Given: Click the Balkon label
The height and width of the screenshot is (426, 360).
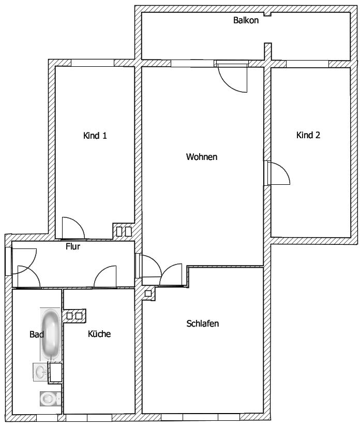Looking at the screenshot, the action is click(246, 20).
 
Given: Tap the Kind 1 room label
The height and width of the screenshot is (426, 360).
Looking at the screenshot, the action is click(95, 136).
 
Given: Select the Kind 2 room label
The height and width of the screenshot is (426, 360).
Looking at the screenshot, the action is click(308, 135).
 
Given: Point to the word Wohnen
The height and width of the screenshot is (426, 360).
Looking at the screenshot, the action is click(201, 157).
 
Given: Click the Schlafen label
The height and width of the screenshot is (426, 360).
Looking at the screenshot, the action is click(203, 324).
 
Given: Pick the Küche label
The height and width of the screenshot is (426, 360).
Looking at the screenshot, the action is click(99, 334).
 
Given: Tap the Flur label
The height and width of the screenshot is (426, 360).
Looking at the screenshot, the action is click(73, 246).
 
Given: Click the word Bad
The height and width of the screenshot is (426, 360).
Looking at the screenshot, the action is click(36, 334).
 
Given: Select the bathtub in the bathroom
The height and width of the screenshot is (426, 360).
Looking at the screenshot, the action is click(51, 334).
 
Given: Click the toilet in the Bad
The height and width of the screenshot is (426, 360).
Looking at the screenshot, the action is click(50, 399).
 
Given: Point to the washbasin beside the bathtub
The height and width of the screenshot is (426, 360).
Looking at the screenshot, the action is click(40, 372).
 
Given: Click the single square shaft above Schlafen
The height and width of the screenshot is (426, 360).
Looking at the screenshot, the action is click(148, 293).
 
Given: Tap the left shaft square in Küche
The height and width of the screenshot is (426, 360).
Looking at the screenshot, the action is click(69, 316).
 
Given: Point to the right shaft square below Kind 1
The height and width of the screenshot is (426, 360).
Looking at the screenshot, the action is click(128, 231).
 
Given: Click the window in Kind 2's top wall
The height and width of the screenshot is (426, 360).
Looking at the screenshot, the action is click(307, 64).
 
